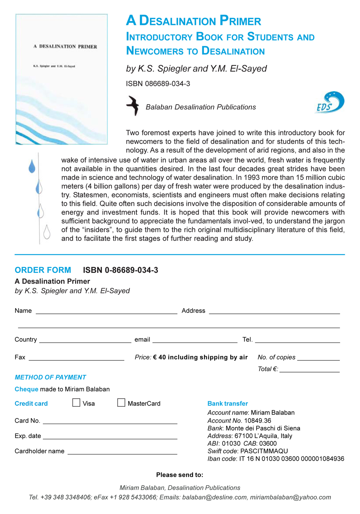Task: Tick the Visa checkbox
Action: (76, 402)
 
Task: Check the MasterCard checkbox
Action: (121, 402)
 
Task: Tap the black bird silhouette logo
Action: (133, 105)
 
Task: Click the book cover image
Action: (62, 79)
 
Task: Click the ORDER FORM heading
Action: (43, 270)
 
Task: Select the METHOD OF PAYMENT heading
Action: (50, 377)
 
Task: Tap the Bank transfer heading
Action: (228, 403)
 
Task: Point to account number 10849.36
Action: (258, 420)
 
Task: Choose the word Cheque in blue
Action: (26, 389)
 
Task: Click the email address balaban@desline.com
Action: (215, 497)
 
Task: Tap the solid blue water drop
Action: (32, 167)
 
